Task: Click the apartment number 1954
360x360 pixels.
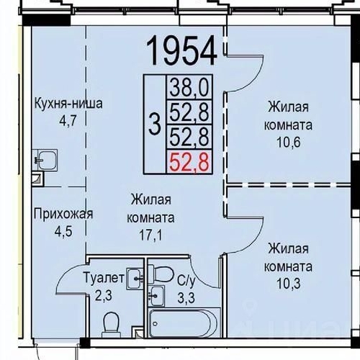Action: point(181,50)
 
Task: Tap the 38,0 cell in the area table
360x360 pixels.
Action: point(189,88)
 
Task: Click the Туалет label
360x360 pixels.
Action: point(104,276)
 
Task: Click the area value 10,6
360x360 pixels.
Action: point(288,140)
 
